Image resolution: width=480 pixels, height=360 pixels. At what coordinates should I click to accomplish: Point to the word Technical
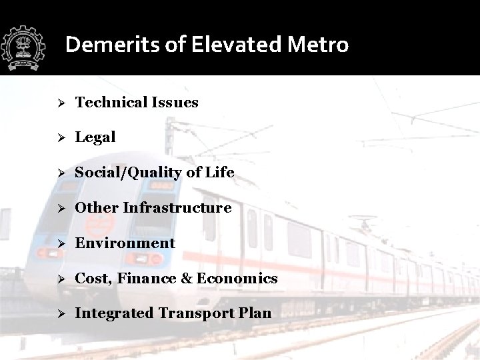[x=111, y=102]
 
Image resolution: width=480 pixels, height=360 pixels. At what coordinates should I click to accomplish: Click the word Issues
[x=175, y=102]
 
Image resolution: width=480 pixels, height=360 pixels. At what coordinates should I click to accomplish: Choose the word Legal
[x=95, y=137]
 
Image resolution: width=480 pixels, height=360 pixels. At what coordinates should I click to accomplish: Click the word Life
[x=219, y=173]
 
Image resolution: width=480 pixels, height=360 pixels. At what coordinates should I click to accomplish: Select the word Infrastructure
[x=177, y=207]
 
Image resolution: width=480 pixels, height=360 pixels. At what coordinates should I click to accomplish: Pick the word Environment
[x=125, y=243]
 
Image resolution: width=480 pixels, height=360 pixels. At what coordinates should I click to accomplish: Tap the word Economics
[x=235, y=278]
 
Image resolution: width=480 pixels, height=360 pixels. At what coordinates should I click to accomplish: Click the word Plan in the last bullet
[x=255, y=313]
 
